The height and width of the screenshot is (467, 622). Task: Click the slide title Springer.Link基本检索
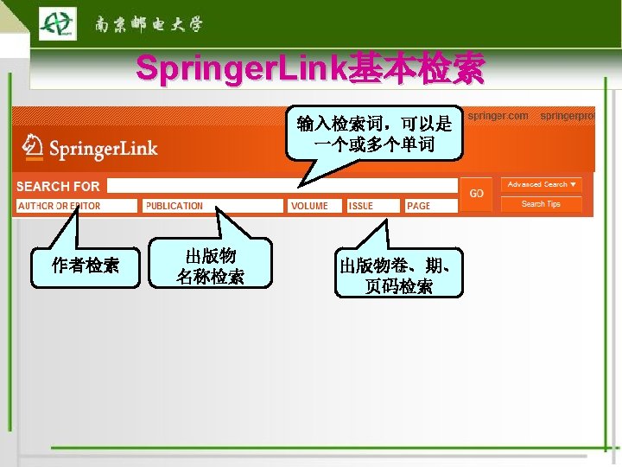click(x=310, y=69)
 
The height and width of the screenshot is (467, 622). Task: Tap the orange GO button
click(x=476, y=194)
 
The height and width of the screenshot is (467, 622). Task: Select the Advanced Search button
click(x=541, y=184)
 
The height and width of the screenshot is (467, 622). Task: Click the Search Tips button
click(x=541, y=204)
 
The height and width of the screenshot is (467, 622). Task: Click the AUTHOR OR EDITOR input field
click(x=77, y=206)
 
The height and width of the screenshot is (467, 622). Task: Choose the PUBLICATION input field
click(x=213, y=206)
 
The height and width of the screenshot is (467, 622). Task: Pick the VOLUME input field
click(x=314, y=206)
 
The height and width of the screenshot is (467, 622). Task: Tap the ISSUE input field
click(x=373, y=206)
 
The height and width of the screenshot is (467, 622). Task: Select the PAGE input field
click(x=429, y=206)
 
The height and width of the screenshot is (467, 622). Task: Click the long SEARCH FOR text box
click(x=282, y=185)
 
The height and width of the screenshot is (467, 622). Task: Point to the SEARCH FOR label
click(x=58, y=186)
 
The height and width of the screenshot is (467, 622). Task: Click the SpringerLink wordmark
click(x=103, y=149)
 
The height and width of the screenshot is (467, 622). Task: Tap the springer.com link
click(x=498, y=115)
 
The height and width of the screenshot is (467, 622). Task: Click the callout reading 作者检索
click(x=85, y=265)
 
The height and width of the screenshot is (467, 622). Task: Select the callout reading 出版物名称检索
click(x=210, y=265)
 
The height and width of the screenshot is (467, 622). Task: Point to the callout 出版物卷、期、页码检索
click(x=398, y=274)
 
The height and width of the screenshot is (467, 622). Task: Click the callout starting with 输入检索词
click(x=374, y=133)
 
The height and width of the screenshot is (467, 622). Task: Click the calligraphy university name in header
click(x=148, y=24)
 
